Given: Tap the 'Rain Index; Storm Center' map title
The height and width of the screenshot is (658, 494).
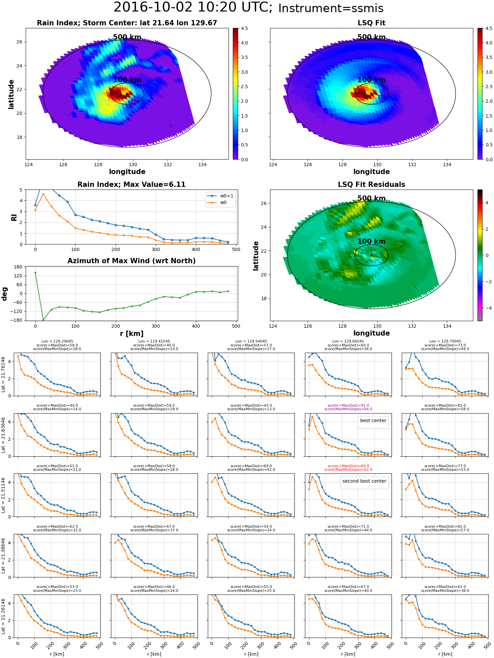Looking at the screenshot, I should pos(127,23).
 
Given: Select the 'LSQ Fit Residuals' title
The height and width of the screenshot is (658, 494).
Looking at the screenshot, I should pos(371,185).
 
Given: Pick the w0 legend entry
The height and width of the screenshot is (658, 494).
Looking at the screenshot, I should pos(223,202).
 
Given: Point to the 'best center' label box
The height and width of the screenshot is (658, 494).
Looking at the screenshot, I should pos(373,420).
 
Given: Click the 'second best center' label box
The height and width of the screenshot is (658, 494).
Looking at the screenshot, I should pos(364,481).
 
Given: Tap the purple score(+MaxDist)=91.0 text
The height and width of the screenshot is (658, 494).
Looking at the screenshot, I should pos(348,405).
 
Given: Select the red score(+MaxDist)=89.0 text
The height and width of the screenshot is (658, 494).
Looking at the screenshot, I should pos(348,466).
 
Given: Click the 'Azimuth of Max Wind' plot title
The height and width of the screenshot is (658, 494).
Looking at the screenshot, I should pos(131,261).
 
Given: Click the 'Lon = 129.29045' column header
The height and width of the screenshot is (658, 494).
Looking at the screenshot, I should pos(57,341).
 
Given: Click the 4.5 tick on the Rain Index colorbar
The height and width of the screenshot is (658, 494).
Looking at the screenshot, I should pos(244,29).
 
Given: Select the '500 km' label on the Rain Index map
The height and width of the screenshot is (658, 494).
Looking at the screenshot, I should pos(127,37).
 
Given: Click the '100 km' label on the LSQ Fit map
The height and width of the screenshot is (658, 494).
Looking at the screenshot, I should pos(371,80).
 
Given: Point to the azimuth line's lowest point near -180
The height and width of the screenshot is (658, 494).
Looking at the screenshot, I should pos(43,320).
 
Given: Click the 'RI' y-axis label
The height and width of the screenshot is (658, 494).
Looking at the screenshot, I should pos(14,217).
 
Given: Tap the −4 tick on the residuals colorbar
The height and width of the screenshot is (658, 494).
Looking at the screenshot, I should pos(486,308).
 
